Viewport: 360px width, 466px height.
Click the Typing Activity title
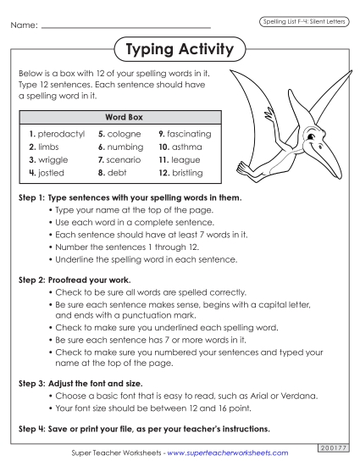click(x=179, y=50)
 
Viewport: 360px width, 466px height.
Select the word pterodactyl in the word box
click(x=59, y=134)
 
